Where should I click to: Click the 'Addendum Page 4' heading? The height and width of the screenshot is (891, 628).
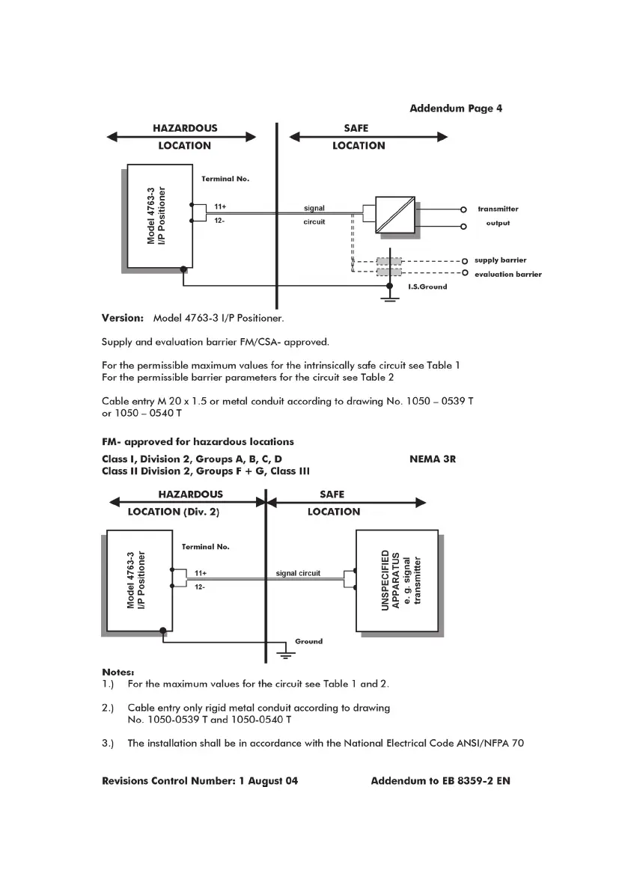(x=456, y=108)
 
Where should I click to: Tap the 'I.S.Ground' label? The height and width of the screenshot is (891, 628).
(x=427, y=287)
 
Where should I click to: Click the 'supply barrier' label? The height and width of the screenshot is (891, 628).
(x=500, y=260)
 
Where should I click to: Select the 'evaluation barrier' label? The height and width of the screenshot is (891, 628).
(x=507, y=275)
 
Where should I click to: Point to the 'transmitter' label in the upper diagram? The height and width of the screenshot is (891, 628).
(x=498, y=209)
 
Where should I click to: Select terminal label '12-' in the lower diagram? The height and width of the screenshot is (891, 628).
(x=200, y=587)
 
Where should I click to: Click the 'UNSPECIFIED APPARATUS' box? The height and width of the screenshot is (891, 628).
(x=396, y=581)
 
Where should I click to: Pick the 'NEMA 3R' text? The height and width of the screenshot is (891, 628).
(x=433, y=459)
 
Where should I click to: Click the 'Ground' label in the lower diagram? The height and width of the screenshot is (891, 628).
(x=308, y=641)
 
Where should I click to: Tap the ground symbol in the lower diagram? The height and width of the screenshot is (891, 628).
(x=285, y=654)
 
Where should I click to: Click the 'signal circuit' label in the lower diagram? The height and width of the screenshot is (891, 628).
(x=298, y=573)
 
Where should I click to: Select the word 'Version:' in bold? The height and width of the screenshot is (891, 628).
(x=123, y=318)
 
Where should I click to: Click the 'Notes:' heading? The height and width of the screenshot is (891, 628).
(x=118, y=672)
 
